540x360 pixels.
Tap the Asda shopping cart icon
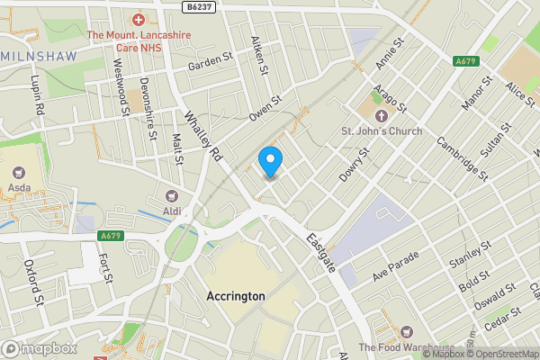click(17, 174)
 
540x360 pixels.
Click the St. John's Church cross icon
click(381, 116)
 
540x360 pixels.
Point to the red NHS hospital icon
click(139, 19)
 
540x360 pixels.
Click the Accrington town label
click(235, 296)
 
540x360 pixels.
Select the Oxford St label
click(35, 282)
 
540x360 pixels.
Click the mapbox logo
click(39, 348)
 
